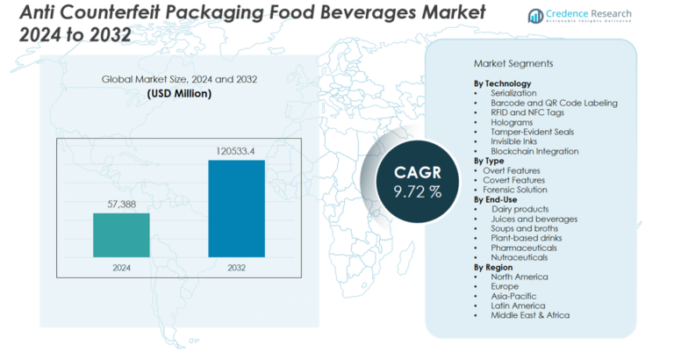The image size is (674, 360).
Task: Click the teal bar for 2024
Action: [x=121, y=235]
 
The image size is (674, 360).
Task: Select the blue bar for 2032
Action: [x=236, y=209]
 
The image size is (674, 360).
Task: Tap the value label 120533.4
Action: [x=236, y=151]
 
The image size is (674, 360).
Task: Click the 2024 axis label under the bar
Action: [x=121, y=268]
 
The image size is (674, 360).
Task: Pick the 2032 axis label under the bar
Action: [x=236, y=268]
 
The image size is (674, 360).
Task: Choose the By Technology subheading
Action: [x=505, y=83]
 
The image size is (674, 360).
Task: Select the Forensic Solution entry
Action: [x=515, y=190]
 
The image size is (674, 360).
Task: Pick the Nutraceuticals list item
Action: [x=520, y=257]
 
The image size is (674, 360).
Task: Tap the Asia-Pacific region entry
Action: [x=514, y=296]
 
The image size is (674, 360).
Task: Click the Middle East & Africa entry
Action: [x=529, y=315]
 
